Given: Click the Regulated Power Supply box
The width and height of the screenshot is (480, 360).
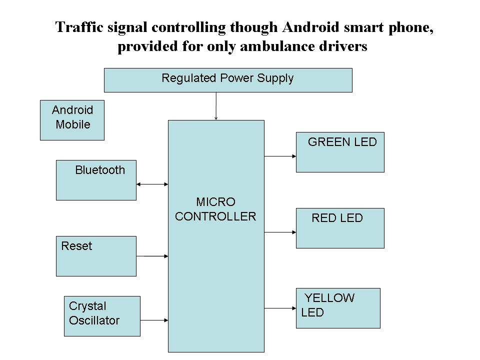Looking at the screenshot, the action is coord(228,80).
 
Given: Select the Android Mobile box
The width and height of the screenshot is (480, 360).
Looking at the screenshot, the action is coord(72,120).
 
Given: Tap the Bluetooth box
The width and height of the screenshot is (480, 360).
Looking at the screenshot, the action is coord(96,180).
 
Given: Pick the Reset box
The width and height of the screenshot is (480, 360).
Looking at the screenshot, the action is coord(96,256).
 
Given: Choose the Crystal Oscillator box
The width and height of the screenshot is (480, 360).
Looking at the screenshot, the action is coord(102,316).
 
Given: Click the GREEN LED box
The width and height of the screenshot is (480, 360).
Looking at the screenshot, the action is coord(340,152).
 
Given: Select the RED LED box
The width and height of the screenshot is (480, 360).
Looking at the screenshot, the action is coord(340,228).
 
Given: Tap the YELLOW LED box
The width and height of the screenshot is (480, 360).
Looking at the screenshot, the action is coord(338,308).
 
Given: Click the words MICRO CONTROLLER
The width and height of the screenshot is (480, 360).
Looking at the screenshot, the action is coord(215,209).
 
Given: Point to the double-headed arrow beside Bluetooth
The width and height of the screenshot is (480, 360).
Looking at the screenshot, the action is coord(152,184).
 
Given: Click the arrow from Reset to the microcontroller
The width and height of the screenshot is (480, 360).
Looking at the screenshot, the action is coord(152,256).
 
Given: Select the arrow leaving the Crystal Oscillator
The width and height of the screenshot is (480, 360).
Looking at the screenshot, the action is coord(154,320).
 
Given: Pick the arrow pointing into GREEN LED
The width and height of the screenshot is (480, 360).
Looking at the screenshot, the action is coord(280,156).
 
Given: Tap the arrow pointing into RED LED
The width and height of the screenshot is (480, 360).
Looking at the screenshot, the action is coord(280,232).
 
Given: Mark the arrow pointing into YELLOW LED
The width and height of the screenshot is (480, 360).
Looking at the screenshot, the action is coord(280,308).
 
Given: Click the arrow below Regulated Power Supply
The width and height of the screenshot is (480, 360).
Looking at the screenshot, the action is coord(216,106).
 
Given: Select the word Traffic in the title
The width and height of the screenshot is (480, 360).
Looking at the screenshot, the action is coord(79,27).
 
